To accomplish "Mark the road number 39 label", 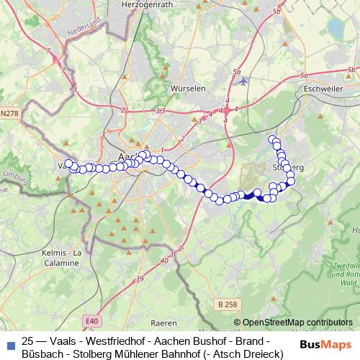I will tap(139, 278).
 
